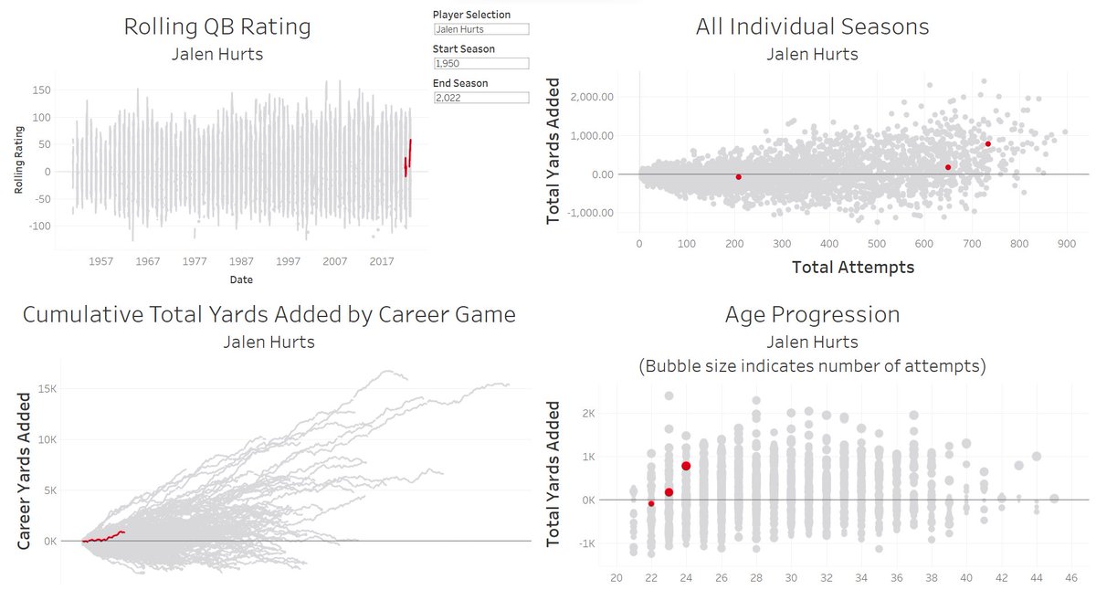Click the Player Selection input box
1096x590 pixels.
pyautogui.click(x=480, y=29)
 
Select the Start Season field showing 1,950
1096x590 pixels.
pyautogui.click(x=480, y=63)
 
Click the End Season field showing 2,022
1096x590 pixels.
pyautogui.click(x=480, y=98)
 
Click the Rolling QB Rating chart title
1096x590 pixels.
pyautogui.click(x=217, y=27)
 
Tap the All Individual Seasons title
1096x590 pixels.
pyautogui.click(x=812, y=27)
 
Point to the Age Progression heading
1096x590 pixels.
pyautogui.click(x=812, y=315)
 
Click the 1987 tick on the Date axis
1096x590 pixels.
pyautogui.click(x=241, y=261)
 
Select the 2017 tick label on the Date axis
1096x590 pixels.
pyautogui.click(x=382, y=261)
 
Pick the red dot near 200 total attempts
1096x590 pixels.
pyautogui.click(x=738, y=176)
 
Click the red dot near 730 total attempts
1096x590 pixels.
pyautogui.click(x=988, y=144)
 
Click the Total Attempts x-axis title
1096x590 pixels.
pyautogui.click(x=852, y=268)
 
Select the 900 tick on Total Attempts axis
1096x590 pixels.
pyautogui.click(x=1067, y=244)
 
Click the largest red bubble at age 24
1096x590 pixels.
pyautogui.click(x=686, y=466)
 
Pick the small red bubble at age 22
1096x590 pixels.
pyautogui.click(x=651, y=503)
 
